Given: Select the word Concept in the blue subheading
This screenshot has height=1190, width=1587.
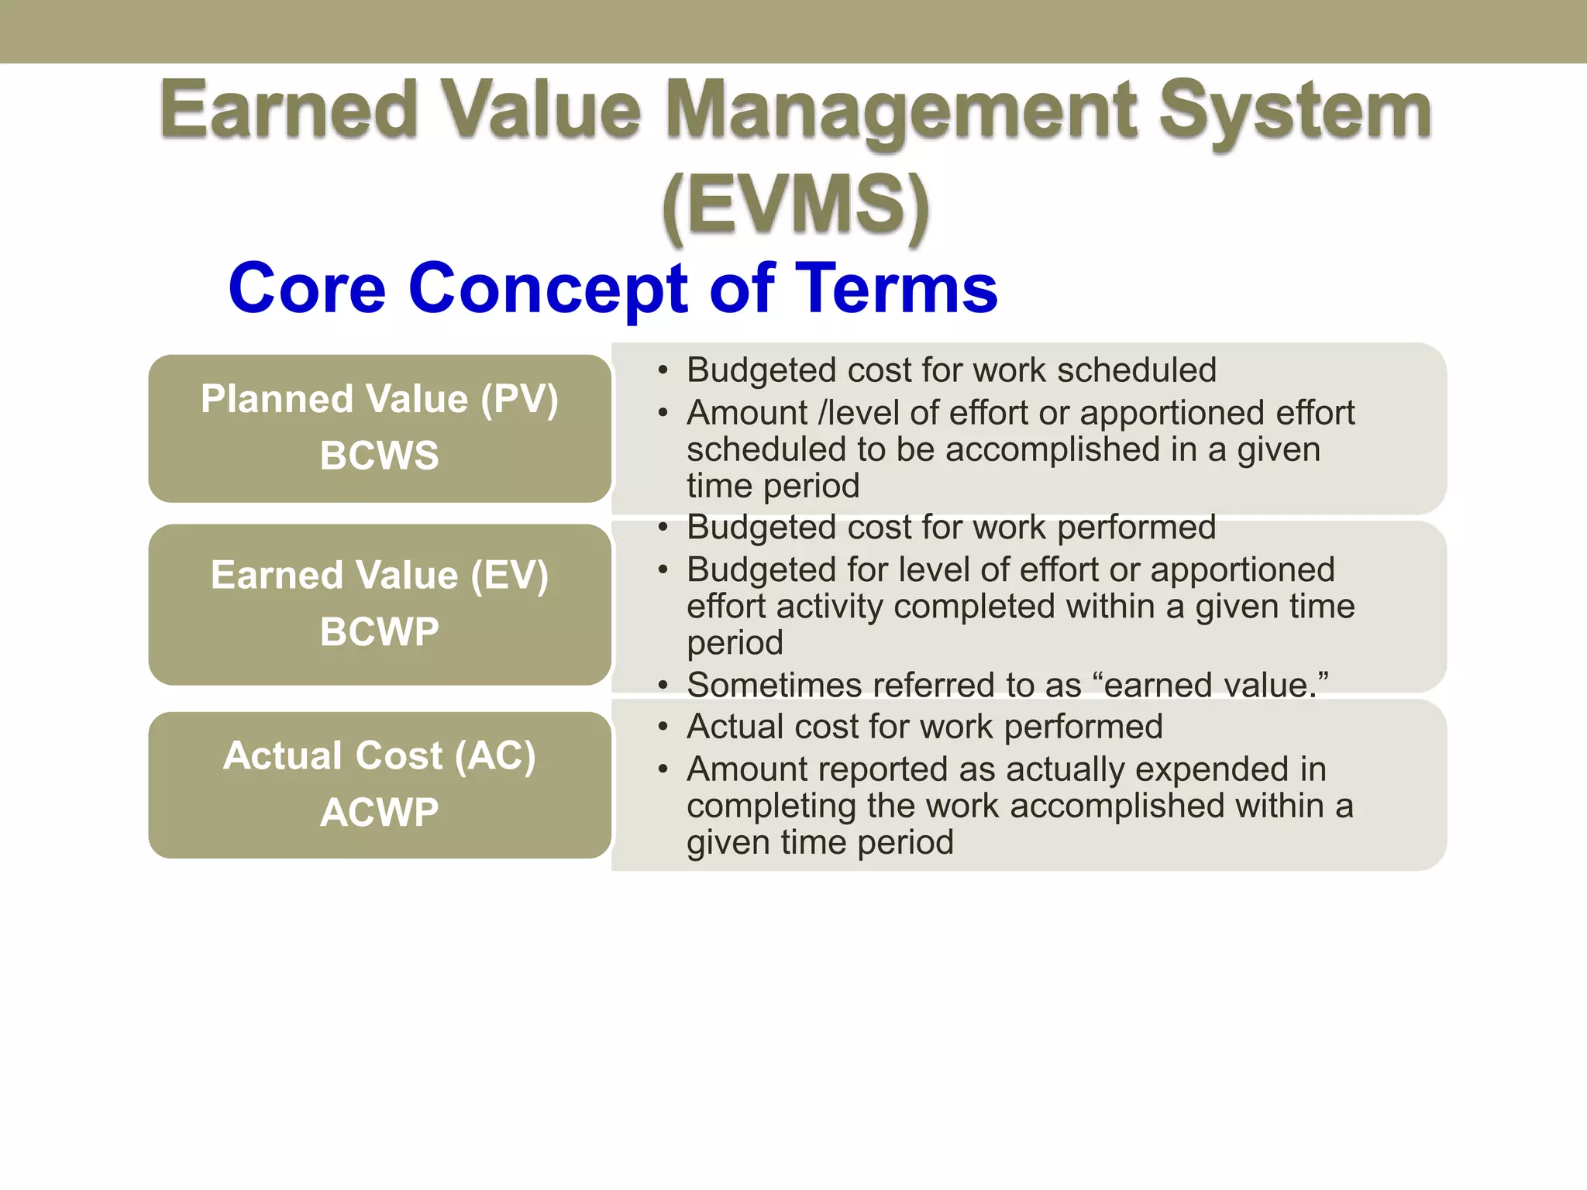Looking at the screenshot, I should pos(549,288).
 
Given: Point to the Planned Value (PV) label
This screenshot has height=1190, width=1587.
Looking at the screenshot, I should pos(380,400).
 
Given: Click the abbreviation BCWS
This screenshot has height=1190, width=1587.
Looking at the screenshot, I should pos(380,456).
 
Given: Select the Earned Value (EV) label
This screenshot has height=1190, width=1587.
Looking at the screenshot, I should pos(380,576).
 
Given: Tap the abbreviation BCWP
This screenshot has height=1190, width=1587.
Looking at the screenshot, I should pos(380,632).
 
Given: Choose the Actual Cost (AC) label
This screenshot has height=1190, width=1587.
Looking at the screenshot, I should pos(380,756).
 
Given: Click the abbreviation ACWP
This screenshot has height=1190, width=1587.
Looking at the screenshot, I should pos(380,813).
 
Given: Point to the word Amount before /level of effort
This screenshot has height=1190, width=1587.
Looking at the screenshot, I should pos(747,413).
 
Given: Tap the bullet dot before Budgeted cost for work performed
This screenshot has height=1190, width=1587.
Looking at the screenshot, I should pos(663,528).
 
